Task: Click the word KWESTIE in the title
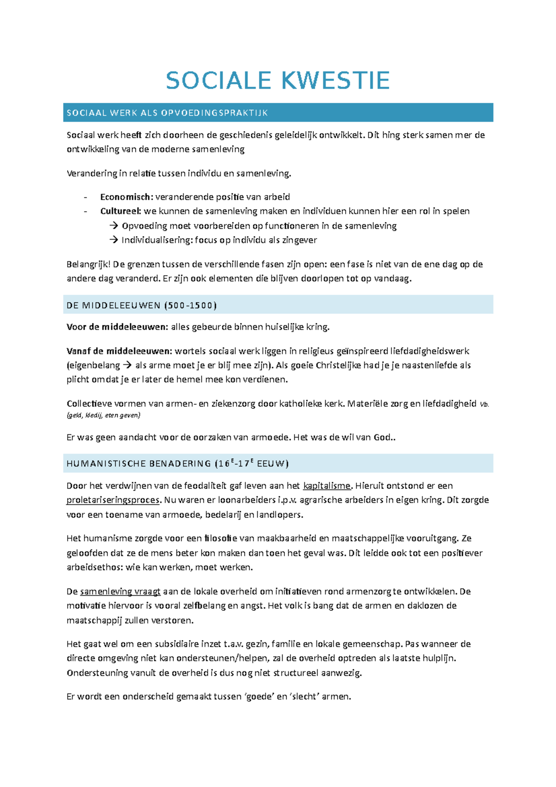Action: [335, 81]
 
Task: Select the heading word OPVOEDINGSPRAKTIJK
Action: [215, 113]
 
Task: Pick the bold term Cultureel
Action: [120, 211]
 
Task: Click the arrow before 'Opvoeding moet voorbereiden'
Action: [114, 226]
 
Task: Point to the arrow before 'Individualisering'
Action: [114, 240]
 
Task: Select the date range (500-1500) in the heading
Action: [190, 305]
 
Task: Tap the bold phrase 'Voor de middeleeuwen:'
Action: [117, 327]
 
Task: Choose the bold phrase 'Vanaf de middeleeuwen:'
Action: [119, 351]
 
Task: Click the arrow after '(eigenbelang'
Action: [127, 365]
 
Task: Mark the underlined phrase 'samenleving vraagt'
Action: [120, 592]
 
